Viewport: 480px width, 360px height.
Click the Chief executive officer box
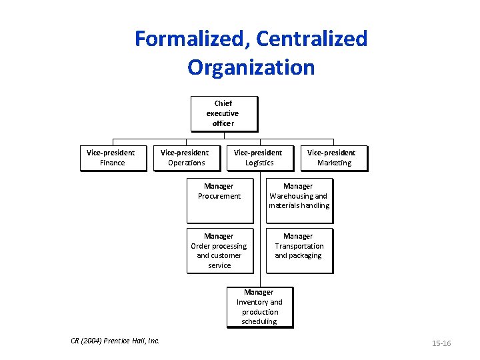(223, 113)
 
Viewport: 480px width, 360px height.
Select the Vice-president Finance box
(112, 158)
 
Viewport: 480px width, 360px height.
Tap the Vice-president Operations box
(186, 158)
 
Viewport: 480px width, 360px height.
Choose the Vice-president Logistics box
(259, 158)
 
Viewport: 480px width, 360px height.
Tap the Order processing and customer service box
(219, 250)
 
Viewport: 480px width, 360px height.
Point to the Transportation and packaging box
(299, 250)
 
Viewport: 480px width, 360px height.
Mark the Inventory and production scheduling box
(259, 307)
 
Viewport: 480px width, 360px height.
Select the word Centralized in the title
(311, 39)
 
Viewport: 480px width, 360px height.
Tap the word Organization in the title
(251, 67)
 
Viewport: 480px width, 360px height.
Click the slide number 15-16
(441, 343)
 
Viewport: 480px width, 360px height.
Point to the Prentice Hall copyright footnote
(115, 341)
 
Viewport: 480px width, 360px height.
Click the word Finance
(112, 163)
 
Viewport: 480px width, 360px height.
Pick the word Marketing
(334, 163)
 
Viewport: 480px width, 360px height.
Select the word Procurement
(219, 196)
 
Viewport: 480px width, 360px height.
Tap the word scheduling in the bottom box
(259, 321)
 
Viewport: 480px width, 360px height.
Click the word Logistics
(259, 163)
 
